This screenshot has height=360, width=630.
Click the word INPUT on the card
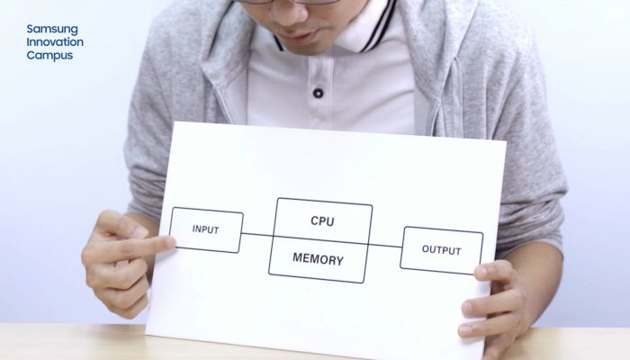(206, 229)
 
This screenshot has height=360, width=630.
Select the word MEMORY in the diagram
(318, 259)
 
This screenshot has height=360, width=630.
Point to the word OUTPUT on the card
(441, 251)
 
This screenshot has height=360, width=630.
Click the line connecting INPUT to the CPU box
(258, 236)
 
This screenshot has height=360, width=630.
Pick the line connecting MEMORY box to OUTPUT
(385, 245)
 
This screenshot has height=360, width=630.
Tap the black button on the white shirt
(318, 93)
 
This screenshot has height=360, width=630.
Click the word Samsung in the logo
(52, 29)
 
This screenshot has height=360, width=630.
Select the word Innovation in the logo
(55, 42)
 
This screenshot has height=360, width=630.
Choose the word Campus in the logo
(49, 55)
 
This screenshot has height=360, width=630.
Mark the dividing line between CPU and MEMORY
(320, 240)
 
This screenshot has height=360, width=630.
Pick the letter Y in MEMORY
(338, 259)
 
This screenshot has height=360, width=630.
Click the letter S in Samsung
(31, 29)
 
